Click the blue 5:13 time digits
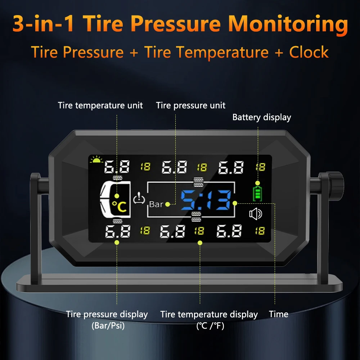coord(206,200)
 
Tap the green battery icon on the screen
coord(257,193)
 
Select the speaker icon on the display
coord(256,214)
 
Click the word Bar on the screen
coord(156,204)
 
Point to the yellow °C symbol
coord(119,207)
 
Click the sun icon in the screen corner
coord(96,160)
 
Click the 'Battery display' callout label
coord(261,117)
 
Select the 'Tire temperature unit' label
coord(100,105)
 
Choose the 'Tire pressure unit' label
coord(191,105)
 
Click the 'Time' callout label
coord(279,314)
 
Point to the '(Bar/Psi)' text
coord(107,326)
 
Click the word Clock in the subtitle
coord(309,52)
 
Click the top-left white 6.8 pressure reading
coord(117,167)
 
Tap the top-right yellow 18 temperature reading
coord(260,167)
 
